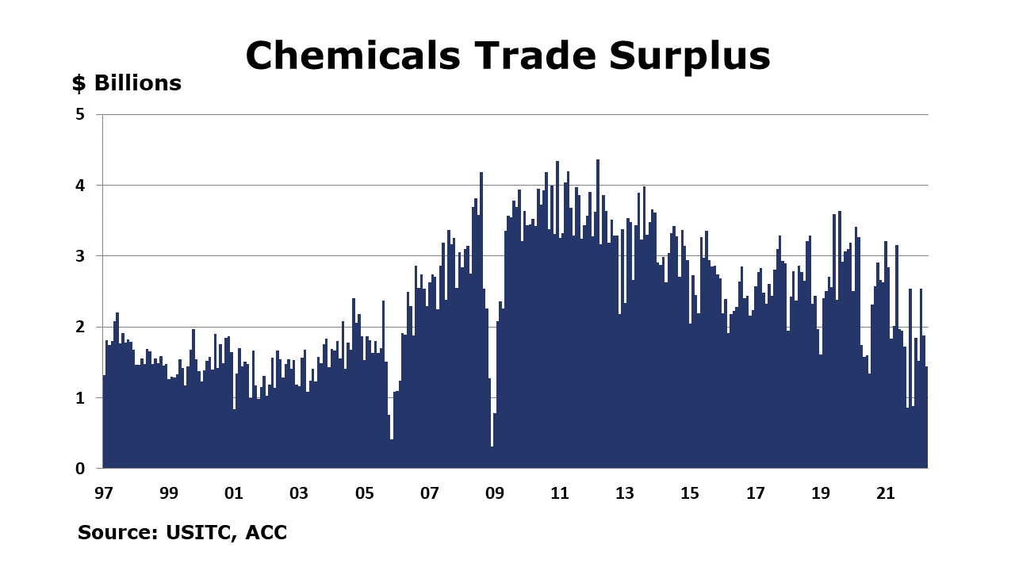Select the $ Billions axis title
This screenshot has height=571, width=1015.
tap(127, 83)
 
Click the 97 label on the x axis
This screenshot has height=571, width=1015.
tap(103, 493)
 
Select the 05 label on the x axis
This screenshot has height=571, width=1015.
tap(364, 493)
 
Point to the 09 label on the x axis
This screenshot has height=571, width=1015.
tap(495, 493)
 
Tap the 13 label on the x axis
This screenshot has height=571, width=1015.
tap(625, 493)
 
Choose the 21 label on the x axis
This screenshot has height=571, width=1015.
tap(886, 493)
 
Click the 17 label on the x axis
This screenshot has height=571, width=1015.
tap(756, 493)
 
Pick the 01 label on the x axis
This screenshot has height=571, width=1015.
tap(234, 493)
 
